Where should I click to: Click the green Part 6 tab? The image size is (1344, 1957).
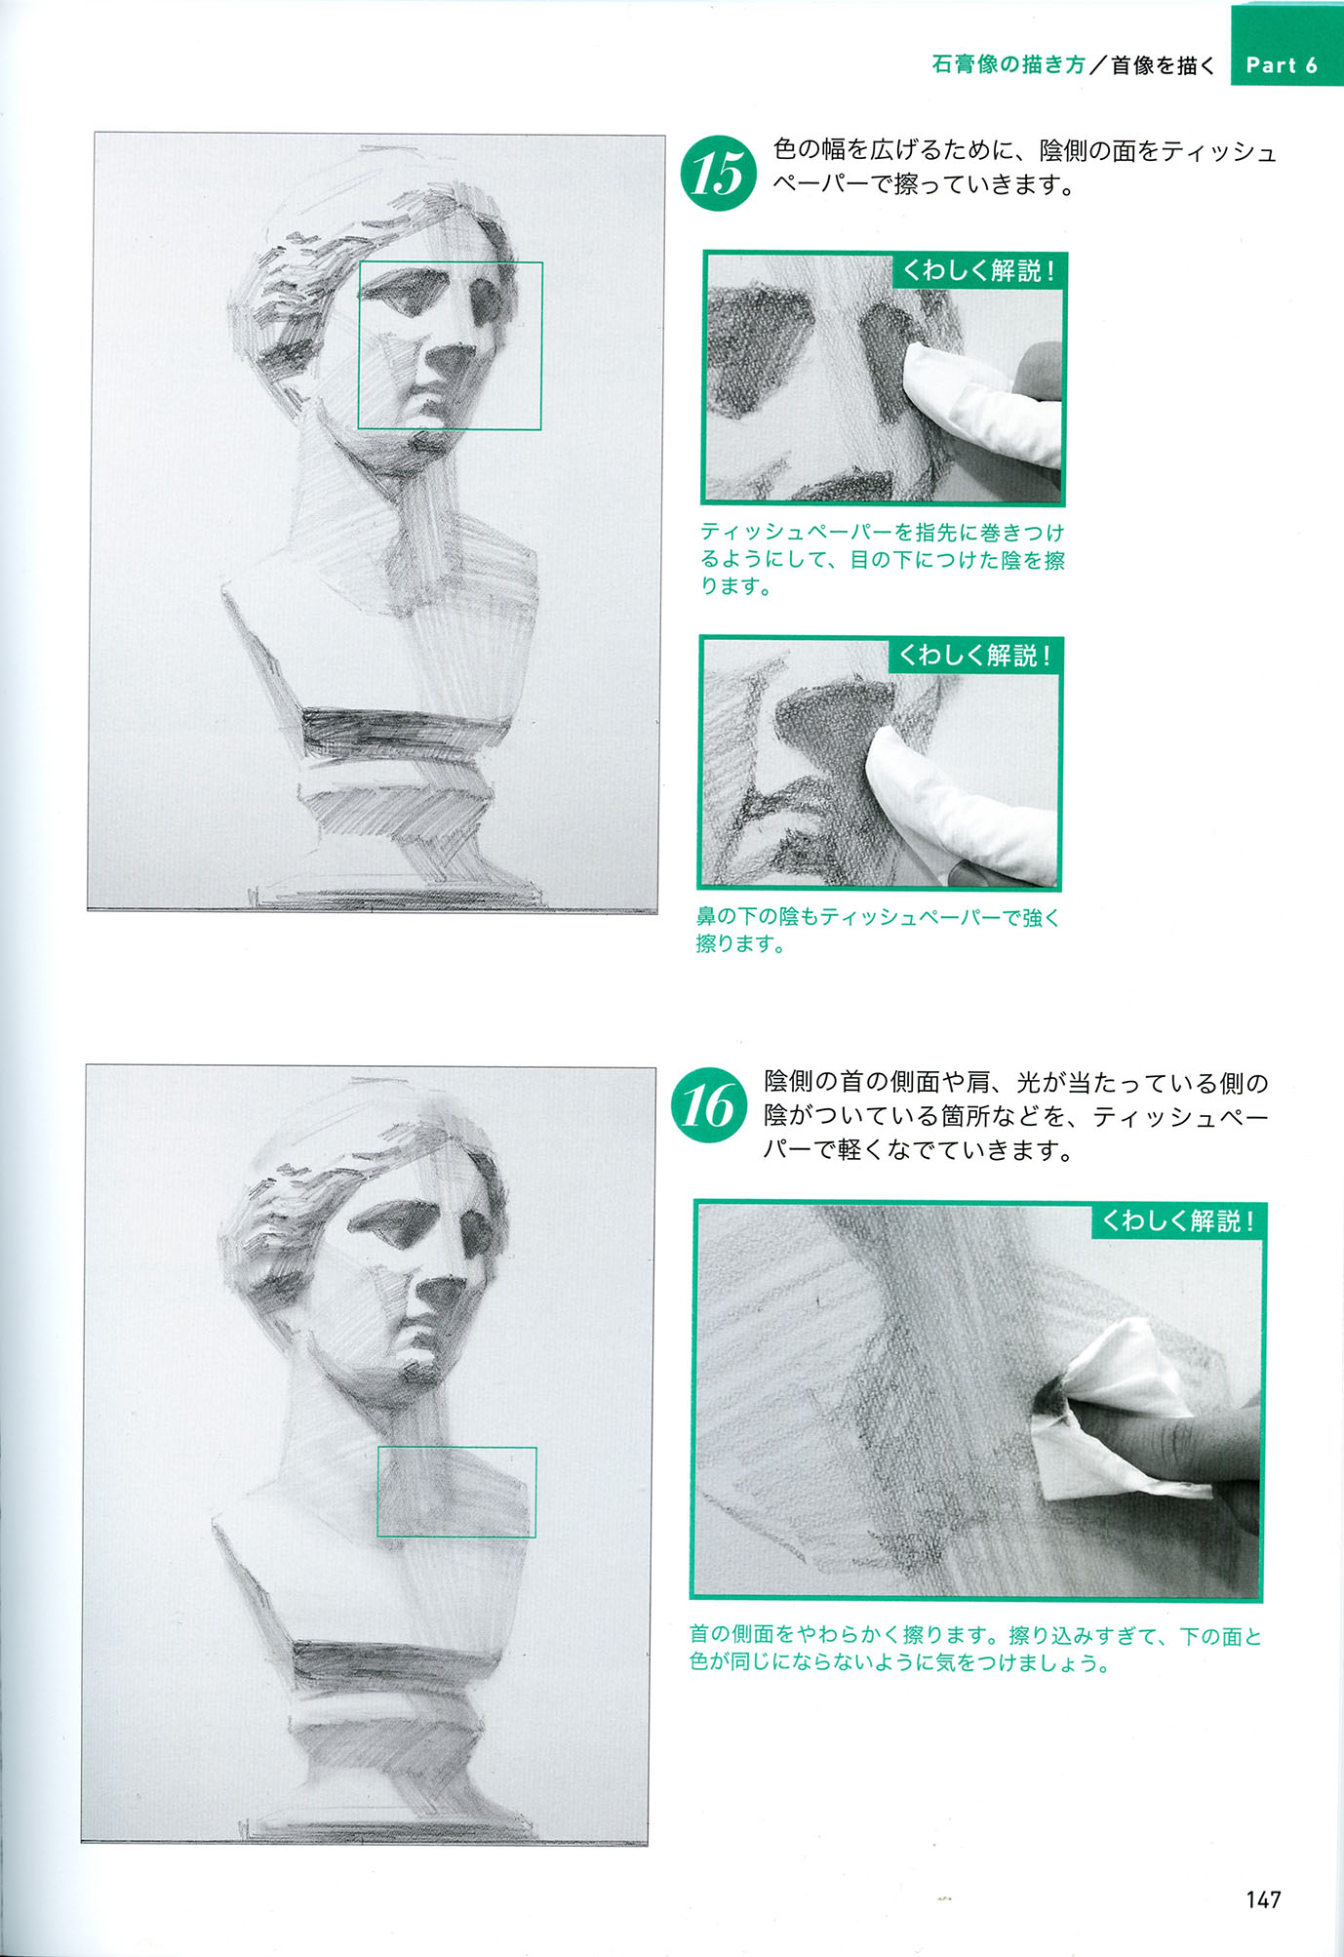pyautogui.click(x=1286, y=45)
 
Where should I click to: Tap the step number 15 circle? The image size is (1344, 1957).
pyautogui.click(x=718, y=174)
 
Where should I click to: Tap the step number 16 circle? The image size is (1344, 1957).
pyautogui.click(x=709, y=1105)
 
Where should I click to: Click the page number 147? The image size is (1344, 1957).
pyautogui.click(x=1263, y=1899)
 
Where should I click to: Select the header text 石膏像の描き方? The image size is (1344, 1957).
pyautogui.click(x=1008, y=64)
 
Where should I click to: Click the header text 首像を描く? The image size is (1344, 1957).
pyautogui.click(x=1163, y=64)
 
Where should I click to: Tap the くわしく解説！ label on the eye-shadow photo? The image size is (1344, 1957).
pyautogui.click(x=979, y=270)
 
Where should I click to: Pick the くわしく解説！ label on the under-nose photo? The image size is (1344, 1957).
pyautogui.click(x=975, y=656)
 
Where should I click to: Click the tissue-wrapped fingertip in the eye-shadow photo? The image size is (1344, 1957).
pyautogui.click(x=975, y=400)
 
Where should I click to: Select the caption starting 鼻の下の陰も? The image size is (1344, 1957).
pyautogui.click(x=877, y=930)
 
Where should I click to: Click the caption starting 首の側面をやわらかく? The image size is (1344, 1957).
pyautogui.click(x=975, y=1649)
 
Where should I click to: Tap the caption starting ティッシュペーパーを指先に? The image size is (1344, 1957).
pyautogui.click(x=883, y=559)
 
